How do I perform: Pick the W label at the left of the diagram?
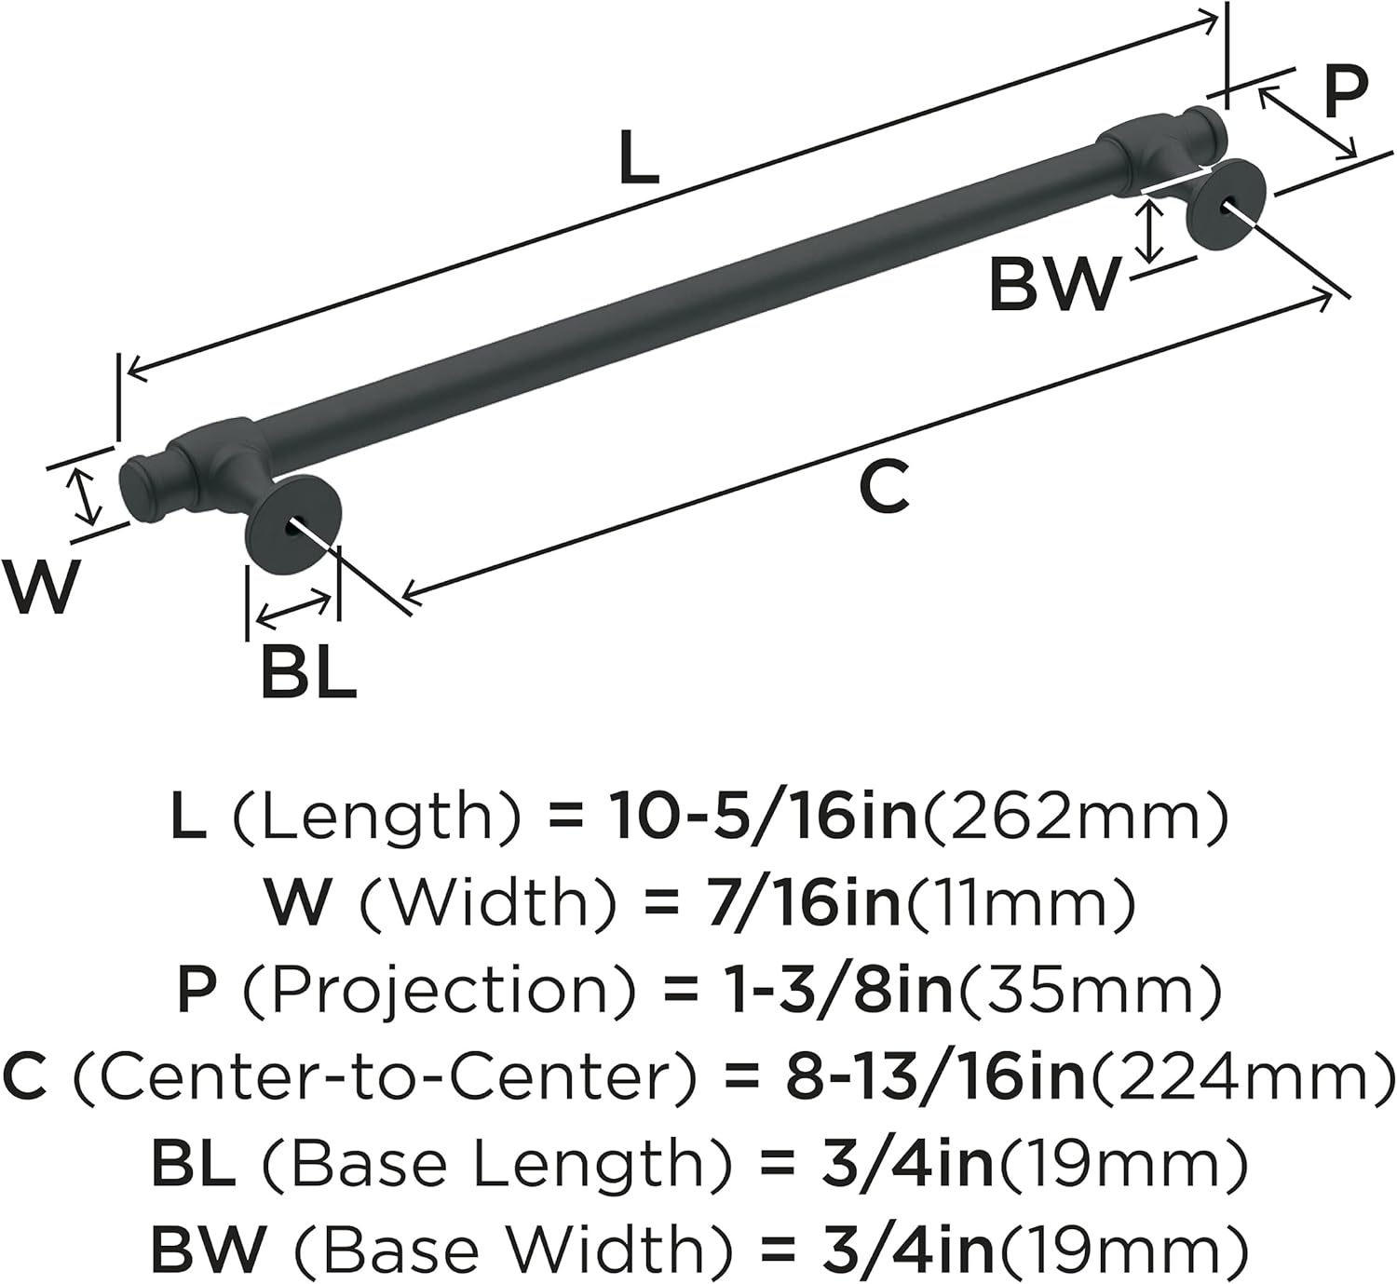[38, 587]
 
